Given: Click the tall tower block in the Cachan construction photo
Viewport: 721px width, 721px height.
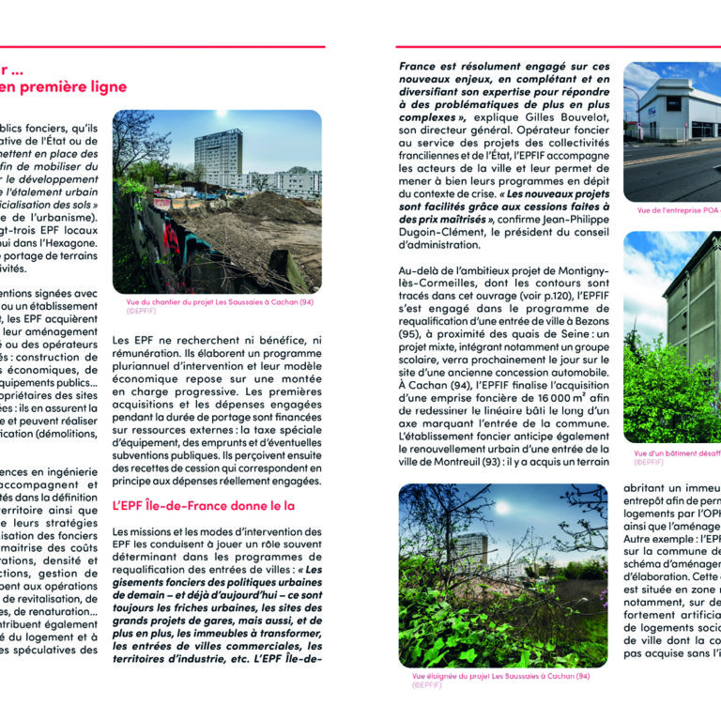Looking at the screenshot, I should (x=218, y=155).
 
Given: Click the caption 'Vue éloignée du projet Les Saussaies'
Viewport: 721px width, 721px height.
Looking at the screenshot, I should (x=500, y=676).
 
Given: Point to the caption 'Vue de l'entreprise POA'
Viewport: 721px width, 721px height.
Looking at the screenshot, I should (x=670, y=210).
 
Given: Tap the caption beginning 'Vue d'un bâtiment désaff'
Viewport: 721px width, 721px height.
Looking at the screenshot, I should (x=676, y=453).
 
